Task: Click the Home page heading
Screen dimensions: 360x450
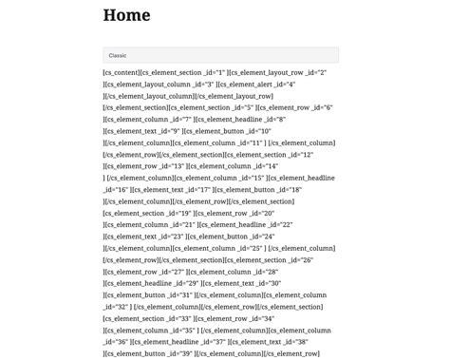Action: pyautogui.click(x=126, y=15)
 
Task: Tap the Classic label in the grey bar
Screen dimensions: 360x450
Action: pyautogui.click(x=118, y=55)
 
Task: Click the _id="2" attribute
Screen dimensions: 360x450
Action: pyautogui.click(x=314, y=73)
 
